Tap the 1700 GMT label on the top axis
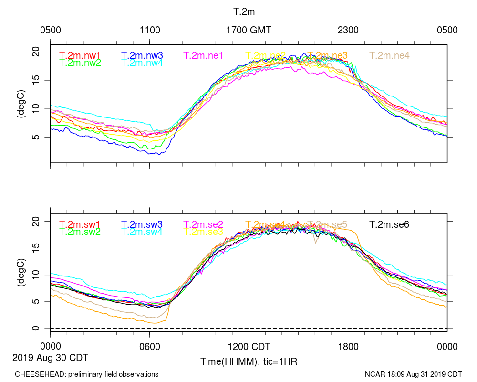(249, 30)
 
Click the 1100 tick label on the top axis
(150, 30)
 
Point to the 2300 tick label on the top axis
(348, 30)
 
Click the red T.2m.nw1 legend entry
(80, 55)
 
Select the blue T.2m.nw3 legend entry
(142, 55)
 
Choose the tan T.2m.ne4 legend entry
(390, 55)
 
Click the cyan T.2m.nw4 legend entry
(142, 63)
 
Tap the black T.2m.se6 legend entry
(390, 224)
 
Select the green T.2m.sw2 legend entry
(80, 232)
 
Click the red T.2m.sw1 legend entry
(80, 224)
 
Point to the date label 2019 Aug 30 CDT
(51, 357)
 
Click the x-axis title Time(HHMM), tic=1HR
(249, 361)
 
